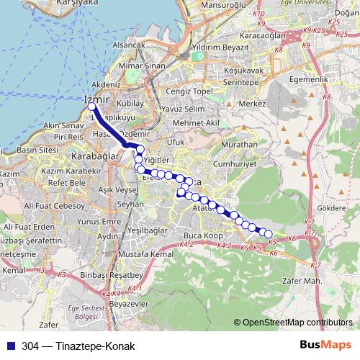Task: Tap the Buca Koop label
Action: [200, 235]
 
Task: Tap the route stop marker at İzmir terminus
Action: [92, 108]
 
